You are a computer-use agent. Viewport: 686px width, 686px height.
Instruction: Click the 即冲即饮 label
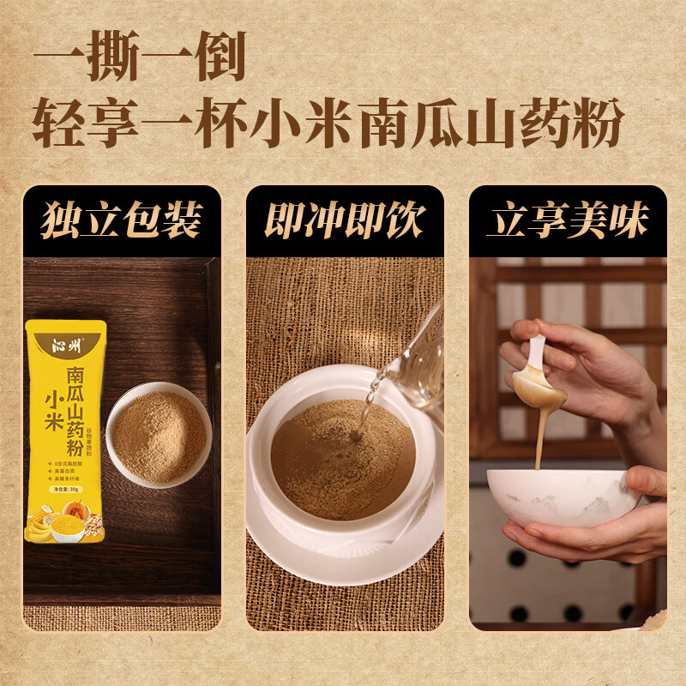pyautogui.click(x=344, y=221)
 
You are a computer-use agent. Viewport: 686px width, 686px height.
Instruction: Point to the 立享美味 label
pyautogui.click(x=567, y=221)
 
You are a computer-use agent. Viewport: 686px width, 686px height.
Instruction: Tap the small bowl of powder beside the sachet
pyautogui.click(x=159, y=436)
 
